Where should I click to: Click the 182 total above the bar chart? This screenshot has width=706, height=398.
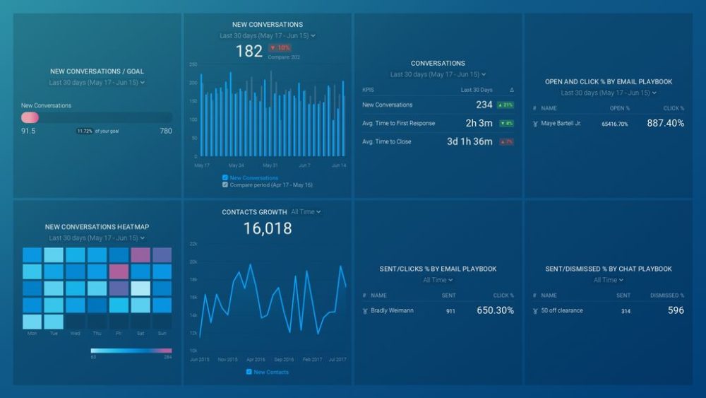point(249,51)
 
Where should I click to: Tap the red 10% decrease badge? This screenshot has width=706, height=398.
point(280,48)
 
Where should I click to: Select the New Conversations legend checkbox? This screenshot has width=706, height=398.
point(225,177)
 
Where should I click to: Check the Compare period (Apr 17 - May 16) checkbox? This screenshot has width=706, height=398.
point(225,185)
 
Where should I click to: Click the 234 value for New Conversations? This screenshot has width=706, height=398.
point(484,105)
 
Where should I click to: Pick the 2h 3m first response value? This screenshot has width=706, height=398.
point(479,123)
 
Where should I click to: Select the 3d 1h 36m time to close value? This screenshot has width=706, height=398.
point(469,141)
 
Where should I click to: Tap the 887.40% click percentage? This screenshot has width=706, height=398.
point(665,123)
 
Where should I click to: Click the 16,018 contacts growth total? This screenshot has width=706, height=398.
point(268,228)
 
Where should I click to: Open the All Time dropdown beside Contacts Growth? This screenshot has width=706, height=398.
point(306,212)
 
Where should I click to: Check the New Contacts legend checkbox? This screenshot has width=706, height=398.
point(249,372)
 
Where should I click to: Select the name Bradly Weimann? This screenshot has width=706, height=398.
point(392,310)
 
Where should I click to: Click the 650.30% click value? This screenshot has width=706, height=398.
point(495,310)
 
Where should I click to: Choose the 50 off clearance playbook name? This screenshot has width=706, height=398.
point(562,310)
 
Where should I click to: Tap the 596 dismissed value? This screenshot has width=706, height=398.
point(676,310)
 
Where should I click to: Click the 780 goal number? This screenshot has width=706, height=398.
point(166,131)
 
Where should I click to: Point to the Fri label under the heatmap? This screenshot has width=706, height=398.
point(119,333)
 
